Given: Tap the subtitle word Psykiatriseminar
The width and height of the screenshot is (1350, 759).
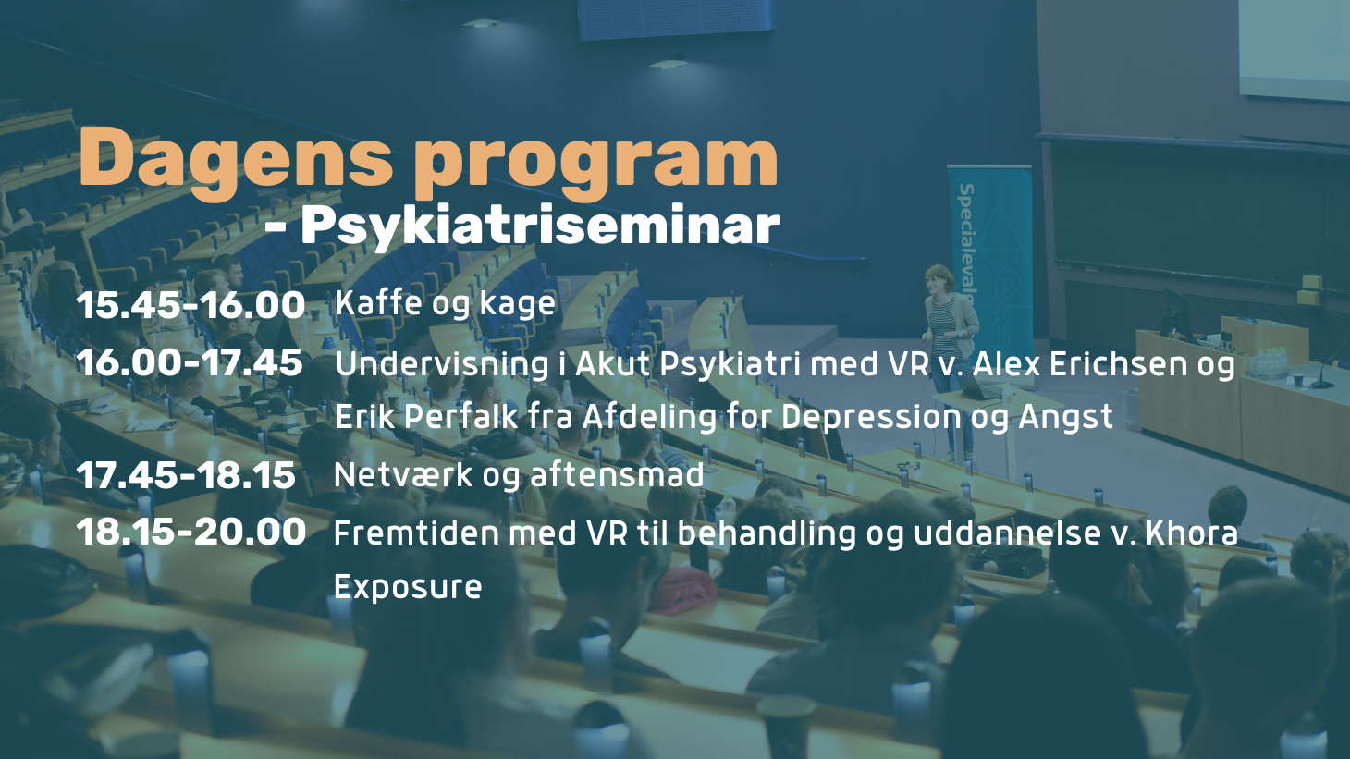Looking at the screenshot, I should point(540,225).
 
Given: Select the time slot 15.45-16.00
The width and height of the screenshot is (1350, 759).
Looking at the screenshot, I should point(190,305).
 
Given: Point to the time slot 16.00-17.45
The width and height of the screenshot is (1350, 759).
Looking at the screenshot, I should point(190,362).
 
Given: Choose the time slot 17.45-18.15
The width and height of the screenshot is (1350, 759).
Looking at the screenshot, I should point(186,475).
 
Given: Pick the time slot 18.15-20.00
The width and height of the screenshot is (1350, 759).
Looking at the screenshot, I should point(190,532).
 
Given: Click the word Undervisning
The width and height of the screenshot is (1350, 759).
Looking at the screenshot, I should point(442,364).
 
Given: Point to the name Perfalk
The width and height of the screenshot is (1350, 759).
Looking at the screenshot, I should point(460,417).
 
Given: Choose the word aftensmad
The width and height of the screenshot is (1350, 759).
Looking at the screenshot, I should point(617,475).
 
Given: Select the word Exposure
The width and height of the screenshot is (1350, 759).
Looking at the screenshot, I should point(408,587).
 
